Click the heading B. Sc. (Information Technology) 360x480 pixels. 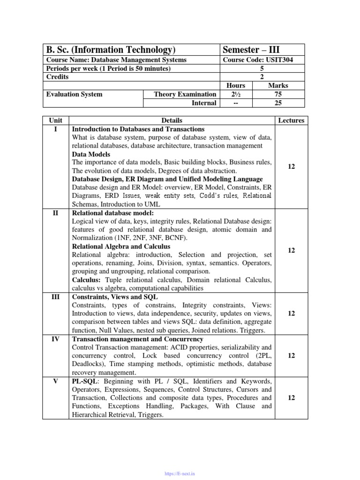tap(111, 50)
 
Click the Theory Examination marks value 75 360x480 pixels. tap(278, 94)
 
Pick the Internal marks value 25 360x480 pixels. tap(278, 103)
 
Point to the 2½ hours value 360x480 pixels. tap(235, 94)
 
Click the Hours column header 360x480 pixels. tap(235, 85)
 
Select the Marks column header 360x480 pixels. tap(278, 85)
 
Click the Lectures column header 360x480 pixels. tap(291, 120)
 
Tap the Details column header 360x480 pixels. tap(172, 120)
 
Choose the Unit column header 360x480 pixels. tap(56, 120)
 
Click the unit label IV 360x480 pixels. tap(56, 339)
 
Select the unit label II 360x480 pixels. tap(56, 213)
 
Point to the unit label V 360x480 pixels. tap(56, 381)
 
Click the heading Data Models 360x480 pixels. tap(91, 154)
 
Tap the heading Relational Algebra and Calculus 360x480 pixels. tap(121, 247)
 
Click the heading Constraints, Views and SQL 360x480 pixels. tap(115, 297)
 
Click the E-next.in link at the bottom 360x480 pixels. tap(180, 474)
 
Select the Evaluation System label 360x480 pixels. tap(74, 94)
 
